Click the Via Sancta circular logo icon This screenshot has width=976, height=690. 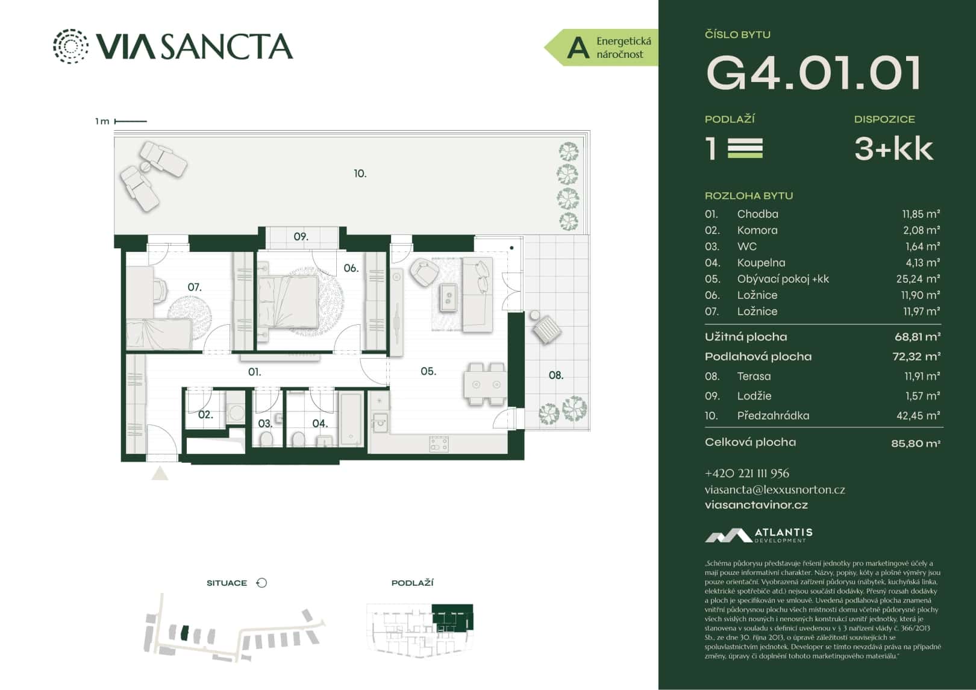tap(70, 46)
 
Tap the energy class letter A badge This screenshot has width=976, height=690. tap(578, 48)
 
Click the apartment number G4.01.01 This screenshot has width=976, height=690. tap(813, 74)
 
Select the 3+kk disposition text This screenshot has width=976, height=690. tap(893, 149)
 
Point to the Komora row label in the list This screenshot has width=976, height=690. tap(757, 230)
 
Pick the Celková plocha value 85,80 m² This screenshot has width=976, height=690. tap(915, 444)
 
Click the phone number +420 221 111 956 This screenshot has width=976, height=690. tap(746, 474)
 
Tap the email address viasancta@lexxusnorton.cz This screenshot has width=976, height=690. tap(774, 489)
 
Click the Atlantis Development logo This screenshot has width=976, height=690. tap(759, 535)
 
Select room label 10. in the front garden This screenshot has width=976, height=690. tap(360, 174)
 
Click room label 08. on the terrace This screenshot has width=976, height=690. tap(555, 375)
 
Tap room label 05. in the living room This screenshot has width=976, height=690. tap(428, 371)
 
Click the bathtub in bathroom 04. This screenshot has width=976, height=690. tap(351, 417)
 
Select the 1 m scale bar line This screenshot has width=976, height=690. tap(131, 121)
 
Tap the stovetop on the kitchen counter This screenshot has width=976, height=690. tap(439, 444)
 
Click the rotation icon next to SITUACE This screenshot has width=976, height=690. tap(261, 583)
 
